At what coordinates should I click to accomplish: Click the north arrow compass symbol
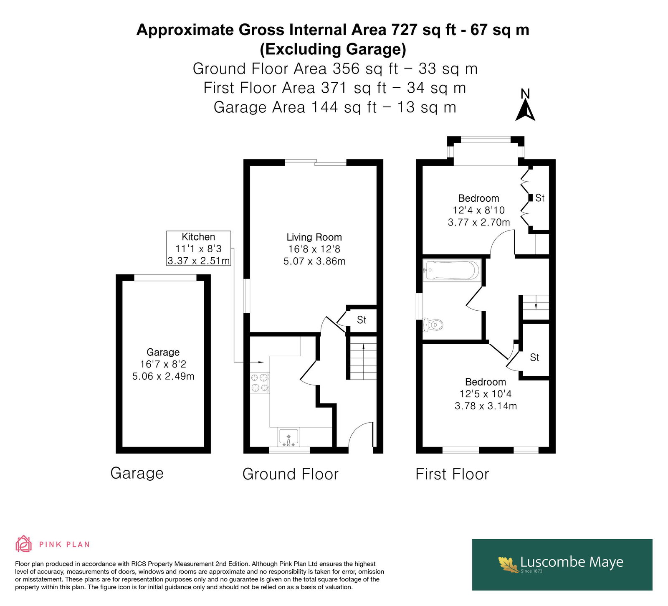coord(525,105)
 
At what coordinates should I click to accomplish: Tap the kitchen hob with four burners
coord(259,383)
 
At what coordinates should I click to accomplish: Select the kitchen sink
coord(288,438)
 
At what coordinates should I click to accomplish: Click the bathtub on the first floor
coord(452,270)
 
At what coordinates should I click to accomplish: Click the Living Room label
coord(314,237)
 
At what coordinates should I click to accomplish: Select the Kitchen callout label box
coord(199,248)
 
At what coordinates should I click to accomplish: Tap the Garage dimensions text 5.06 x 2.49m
coord(163,376)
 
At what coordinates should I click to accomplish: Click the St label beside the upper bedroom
coord(540,198)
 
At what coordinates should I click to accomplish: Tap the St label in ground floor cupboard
coord(362,320)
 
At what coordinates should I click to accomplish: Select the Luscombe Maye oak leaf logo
coord(509,564)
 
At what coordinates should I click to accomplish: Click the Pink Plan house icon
coord(24,544)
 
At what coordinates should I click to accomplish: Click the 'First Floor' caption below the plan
coord(452,474)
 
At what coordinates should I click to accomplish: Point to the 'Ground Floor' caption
coord(291,474)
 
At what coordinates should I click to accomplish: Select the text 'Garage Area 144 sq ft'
coord(295,107)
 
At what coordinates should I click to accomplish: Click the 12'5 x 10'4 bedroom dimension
coord(486,394)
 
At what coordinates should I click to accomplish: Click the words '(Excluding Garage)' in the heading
coord(333,49)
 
